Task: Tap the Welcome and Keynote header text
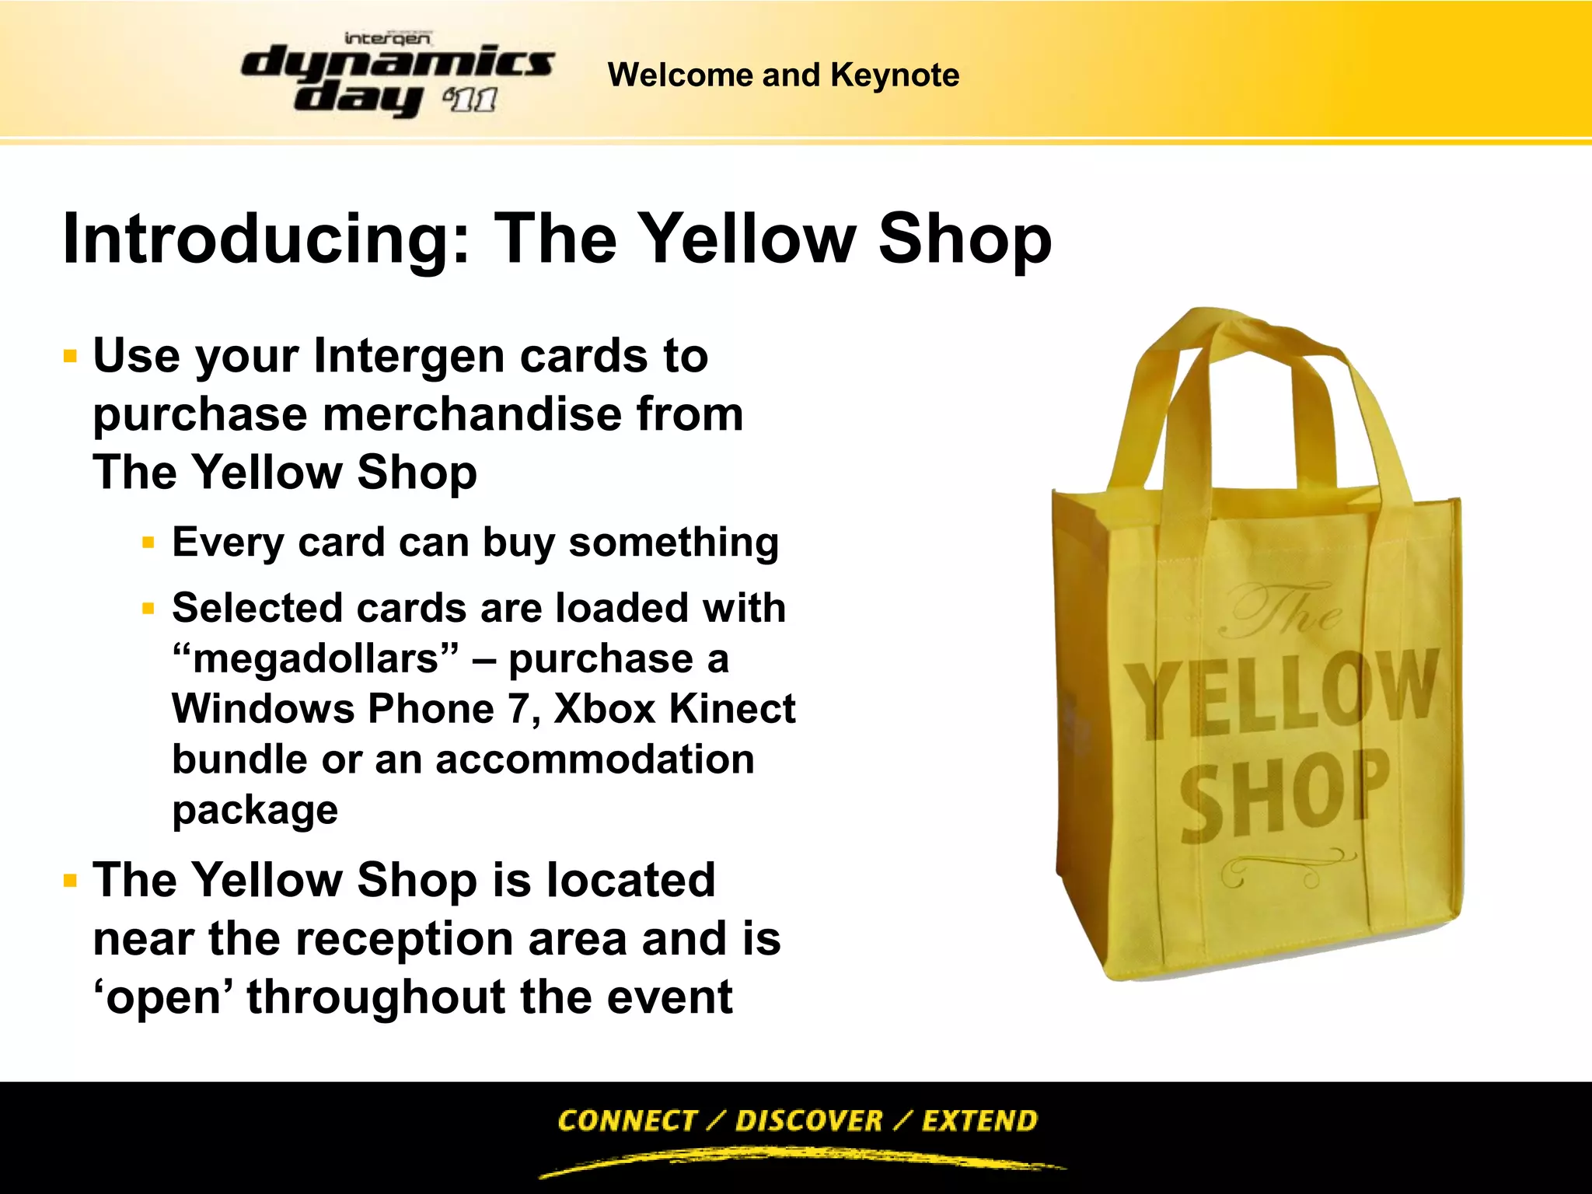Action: click(x=783, y=75)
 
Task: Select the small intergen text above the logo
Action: click(x=387, y=38)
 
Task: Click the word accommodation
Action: click(x=595, y=759)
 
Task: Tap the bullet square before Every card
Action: click(x=148, y=543)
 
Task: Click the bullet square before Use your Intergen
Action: click(x=71, y=357)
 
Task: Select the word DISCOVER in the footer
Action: click(x=808, y=1121)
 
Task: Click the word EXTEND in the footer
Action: click(x=979, y=1121)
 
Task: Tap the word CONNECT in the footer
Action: click(x=627, y=1121)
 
